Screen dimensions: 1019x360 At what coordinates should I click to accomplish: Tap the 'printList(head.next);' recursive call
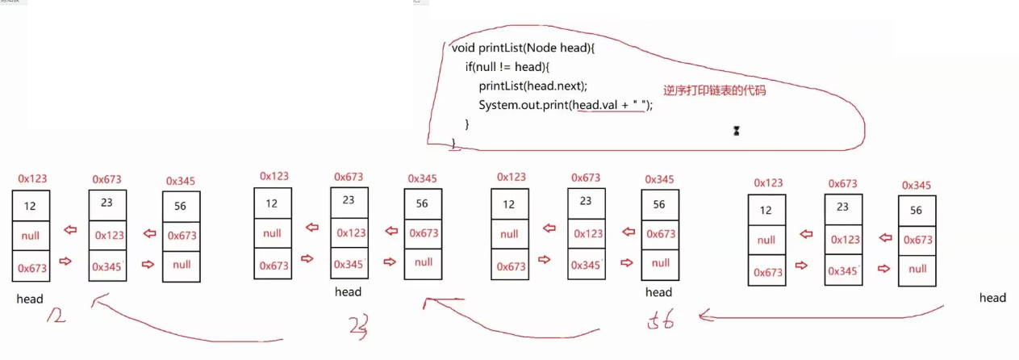532,86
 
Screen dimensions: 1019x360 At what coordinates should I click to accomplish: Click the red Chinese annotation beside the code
714,91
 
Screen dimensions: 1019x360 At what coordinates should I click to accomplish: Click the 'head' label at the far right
992,298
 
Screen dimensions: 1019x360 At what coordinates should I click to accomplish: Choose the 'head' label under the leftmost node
30,299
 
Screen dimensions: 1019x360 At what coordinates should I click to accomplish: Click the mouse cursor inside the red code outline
736,131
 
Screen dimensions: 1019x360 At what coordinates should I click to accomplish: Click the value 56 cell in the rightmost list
916,211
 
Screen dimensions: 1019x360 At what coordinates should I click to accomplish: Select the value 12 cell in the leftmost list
30,206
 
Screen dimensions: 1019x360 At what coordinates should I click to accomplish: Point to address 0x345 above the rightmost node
916,185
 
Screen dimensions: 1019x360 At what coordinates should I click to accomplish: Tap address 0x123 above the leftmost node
32,178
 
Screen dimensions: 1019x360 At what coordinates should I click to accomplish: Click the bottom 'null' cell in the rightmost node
917,270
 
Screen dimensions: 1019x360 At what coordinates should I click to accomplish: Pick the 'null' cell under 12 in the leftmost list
31,236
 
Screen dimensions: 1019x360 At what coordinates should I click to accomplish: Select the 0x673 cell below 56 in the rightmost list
917,240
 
